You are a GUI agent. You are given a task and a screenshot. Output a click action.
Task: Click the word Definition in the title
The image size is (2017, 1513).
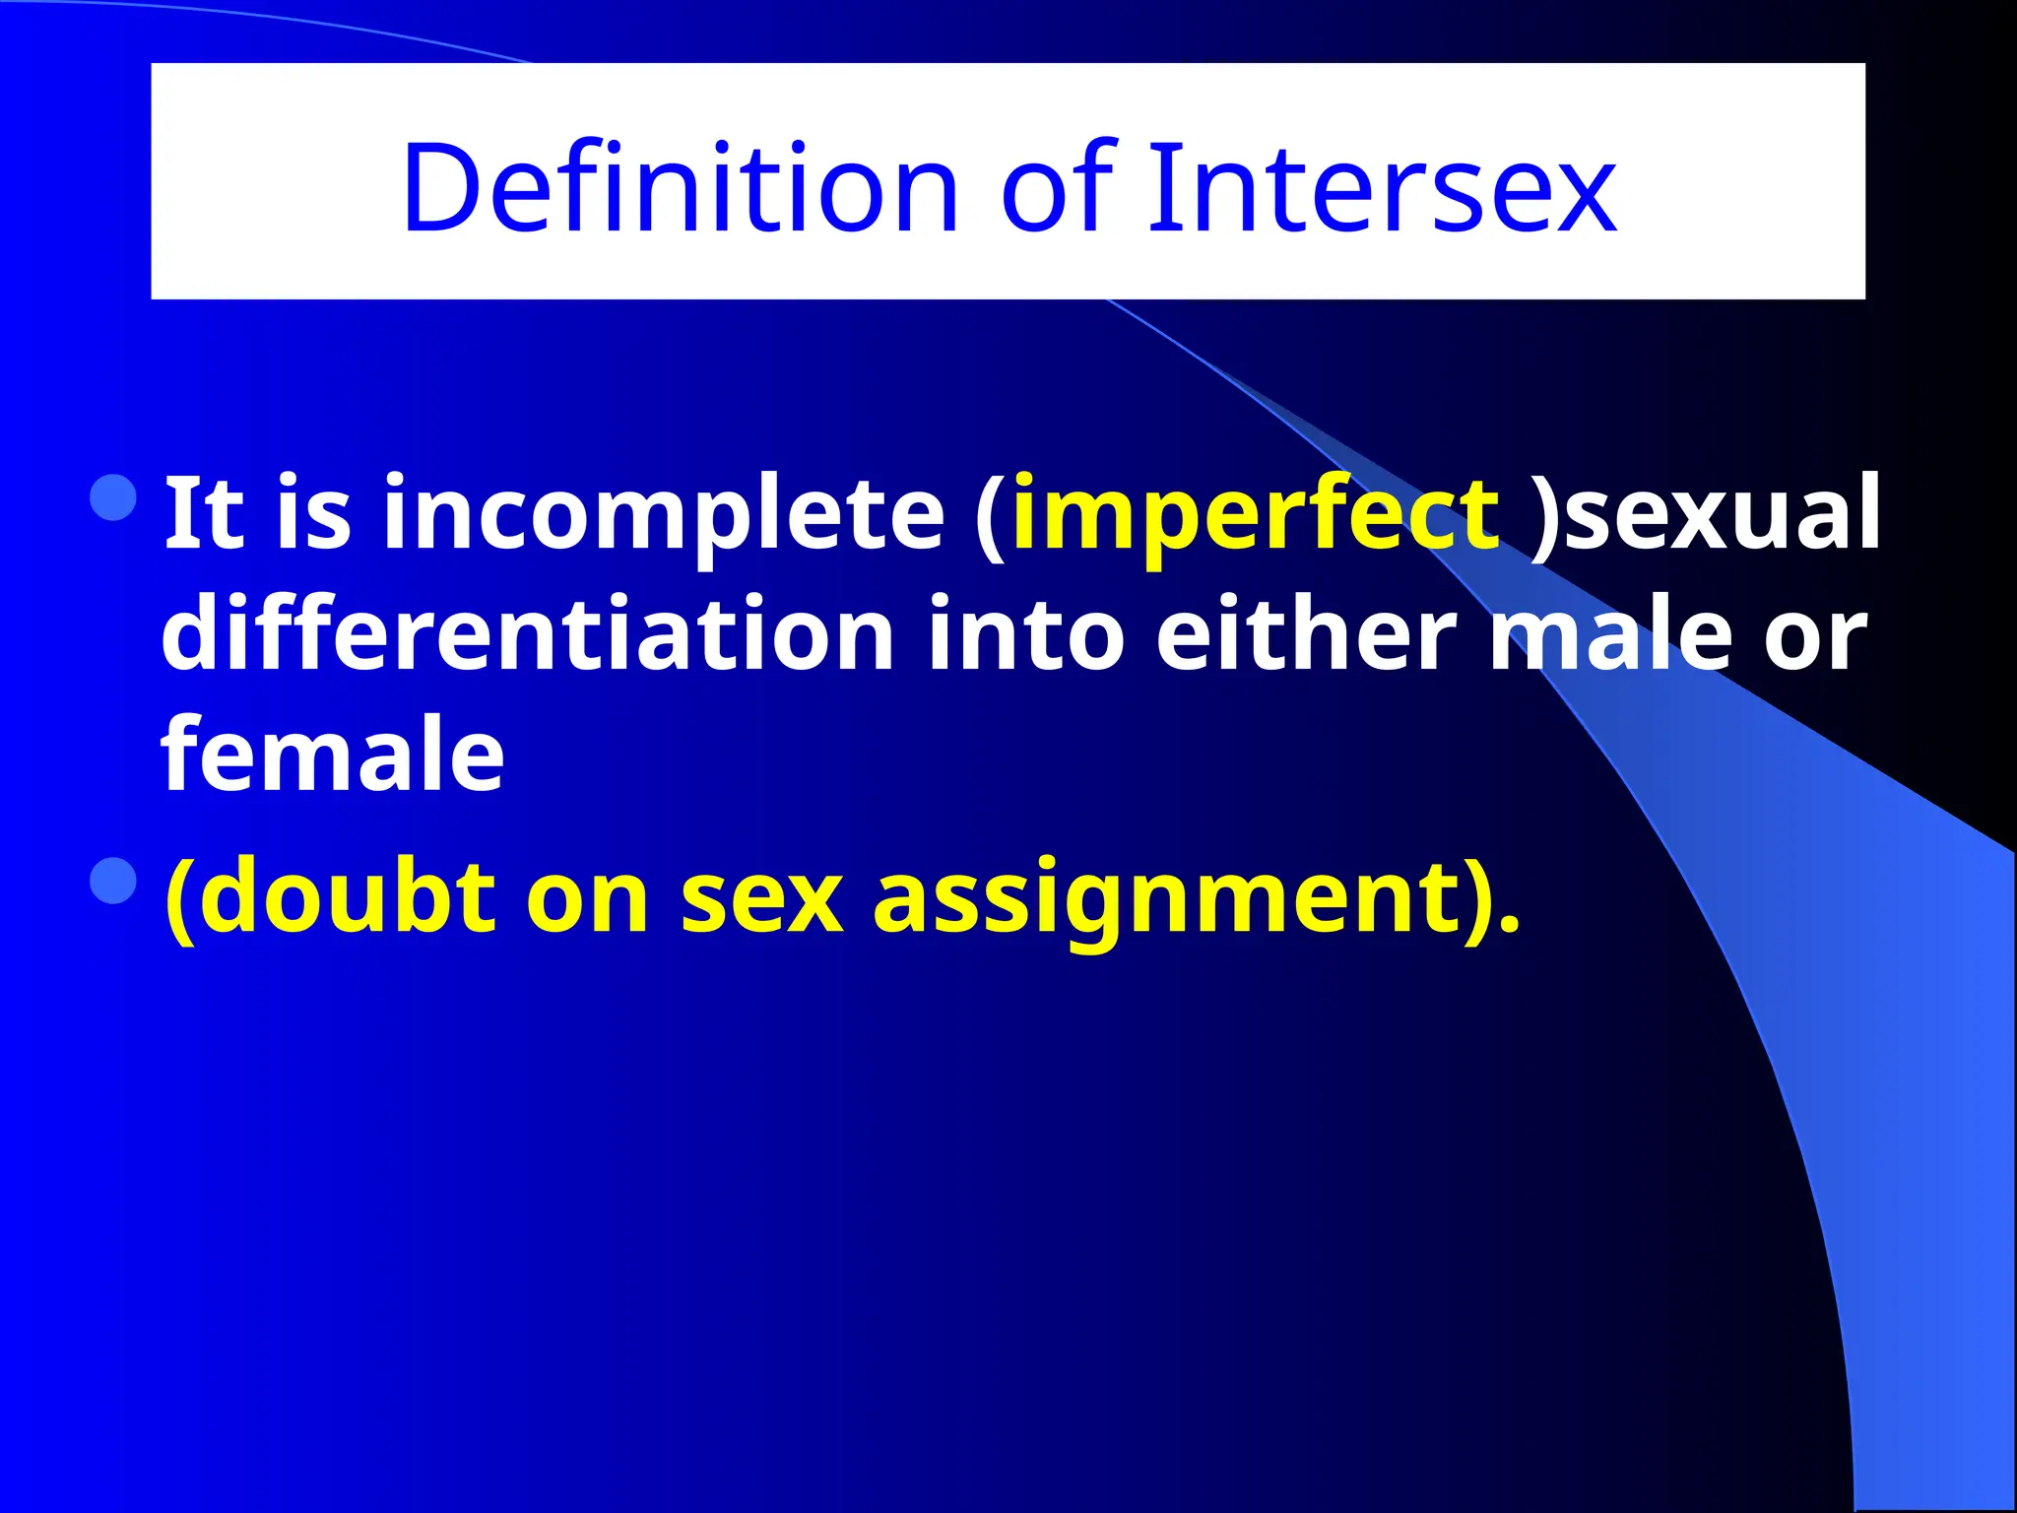pos(680,188)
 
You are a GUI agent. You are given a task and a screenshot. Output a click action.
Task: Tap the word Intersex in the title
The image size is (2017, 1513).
pos(1381,188)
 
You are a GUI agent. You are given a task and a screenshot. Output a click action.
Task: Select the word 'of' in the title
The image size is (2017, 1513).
pos(1057,188)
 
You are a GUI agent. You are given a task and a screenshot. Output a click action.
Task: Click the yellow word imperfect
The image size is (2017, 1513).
pos(1255,514)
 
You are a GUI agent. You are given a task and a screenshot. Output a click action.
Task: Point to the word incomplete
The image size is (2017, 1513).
pos(663,514)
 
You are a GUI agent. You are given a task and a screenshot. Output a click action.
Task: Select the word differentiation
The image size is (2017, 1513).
pos(527,635)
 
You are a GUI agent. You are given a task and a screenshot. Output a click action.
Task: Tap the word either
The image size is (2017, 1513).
pos(1305,635)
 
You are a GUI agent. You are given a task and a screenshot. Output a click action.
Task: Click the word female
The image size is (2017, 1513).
pos(332,756)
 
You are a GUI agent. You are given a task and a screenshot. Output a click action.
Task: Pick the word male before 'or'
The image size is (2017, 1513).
pos(1609,635)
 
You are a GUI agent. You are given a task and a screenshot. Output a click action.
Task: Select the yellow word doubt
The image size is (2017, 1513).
pos(352,897)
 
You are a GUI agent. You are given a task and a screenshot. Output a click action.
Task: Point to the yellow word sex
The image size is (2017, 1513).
pos(761,897)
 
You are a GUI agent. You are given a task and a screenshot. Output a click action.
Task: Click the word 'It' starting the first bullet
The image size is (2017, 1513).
pos(204,514)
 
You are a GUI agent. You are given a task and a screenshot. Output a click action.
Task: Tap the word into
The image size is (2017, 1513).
pos(1024,635)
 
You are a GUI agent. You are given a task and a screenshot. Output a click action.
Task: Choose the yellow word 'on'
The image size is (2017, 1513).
pos(587,897)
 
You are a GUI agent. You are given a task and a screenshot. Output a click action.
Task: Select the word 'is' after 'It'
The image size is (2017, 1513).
pos(313,514)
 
